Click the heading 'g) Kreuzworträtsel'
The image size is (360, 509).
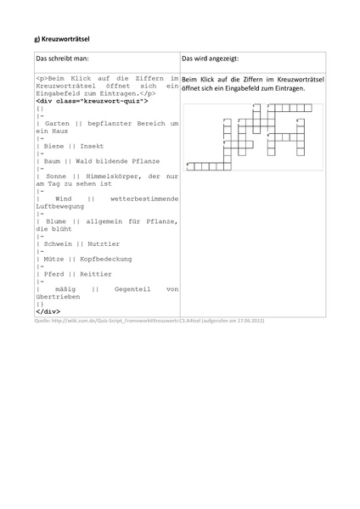click(62, 39)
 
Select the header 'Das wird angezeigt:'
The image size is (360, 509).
click(210, 59)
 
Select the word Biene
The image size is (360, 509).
click(52, 146)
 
